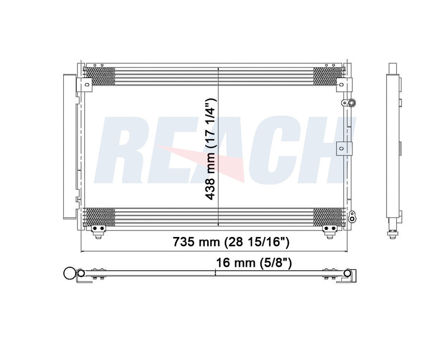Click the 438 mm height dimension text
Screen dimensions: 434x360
pos(210,149)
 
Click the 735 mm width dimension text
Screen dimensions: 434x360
pos(231,242)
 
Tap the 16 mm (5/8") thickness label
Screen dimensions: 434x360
pos(254,262)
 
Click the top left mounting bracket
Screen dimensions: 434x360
pos(84,85)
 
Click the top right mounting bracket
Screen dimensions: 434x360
pos(344,85)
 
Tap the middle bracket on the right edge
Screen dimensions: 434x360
pos(344,149)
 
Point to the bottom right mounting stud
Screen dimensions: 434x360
pos(329,232)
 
